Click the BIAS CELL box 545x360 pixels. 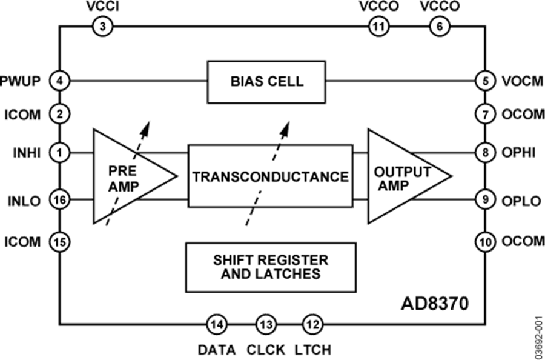[266, 81]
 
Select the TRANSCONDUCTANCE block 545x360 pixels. [270, 177]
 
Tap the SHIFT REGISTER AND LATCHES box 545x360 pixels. [270, 267]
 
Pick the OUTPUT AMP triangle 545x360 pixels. [403, 177]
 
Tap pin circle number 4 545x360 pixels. [60, 81]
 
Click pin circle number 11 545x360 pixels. [378, 27]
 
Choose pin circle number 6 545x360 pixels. [439, 27]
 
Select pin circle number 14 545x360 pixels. [217, 325]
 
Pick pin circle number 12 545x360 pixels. [311, 325]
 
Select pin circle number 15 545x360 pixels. [60, 242]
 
